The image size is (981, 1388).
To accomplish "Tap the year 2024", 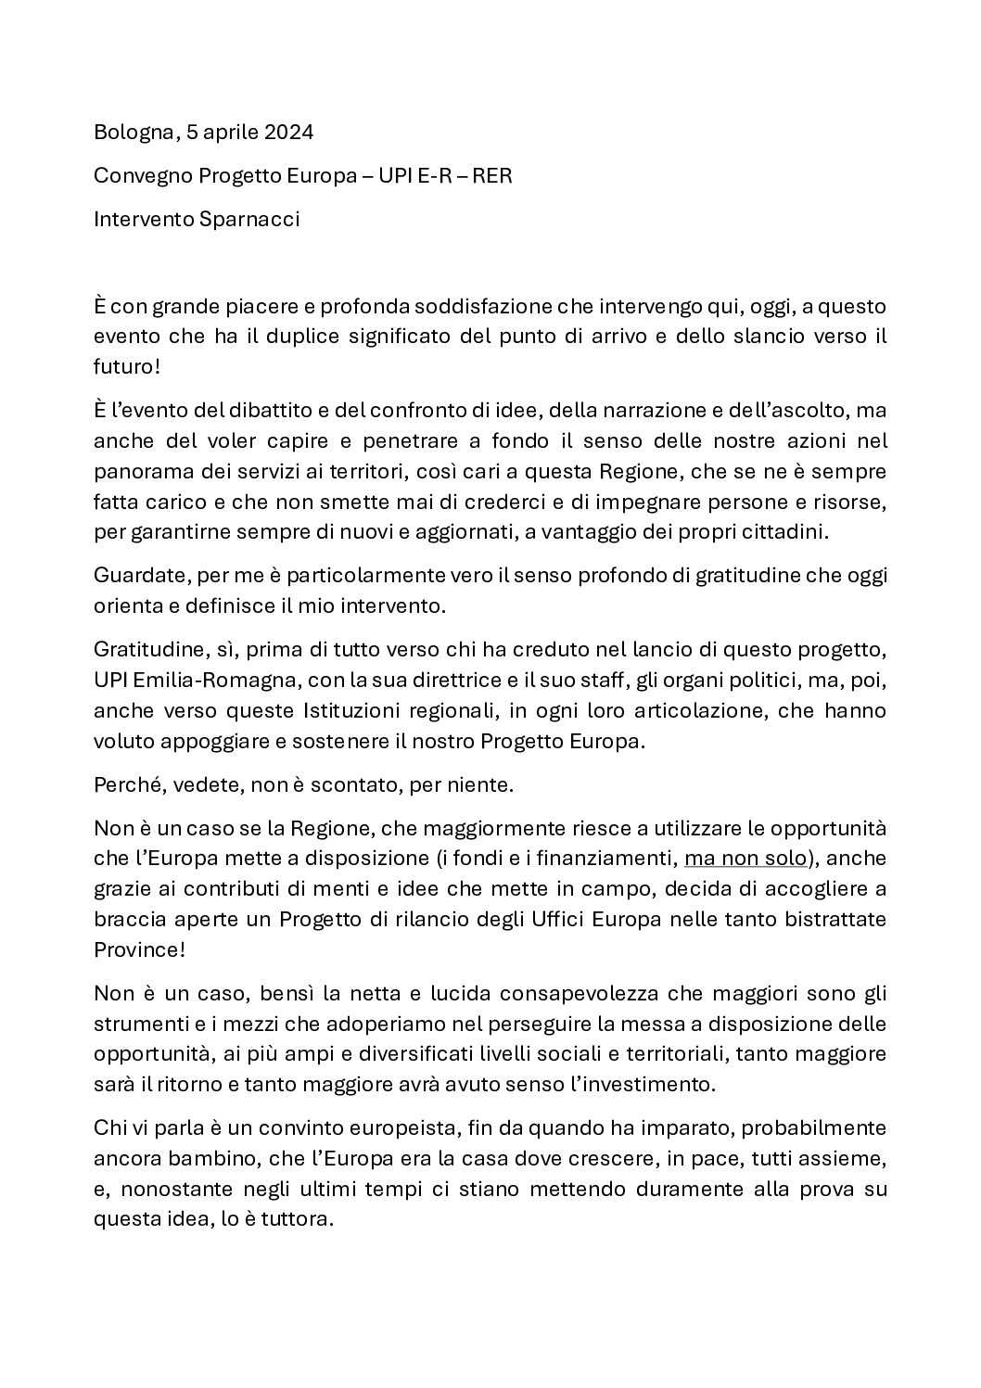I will click(x=288, y=133).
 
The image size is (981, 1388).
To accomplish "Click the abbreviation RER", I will click(x=492, y=176).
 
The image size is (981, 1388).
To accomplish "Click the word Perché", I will click(x=125, y=785).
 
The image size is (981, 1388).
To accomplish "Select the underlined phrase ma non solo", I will click(x=745, y=859).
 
